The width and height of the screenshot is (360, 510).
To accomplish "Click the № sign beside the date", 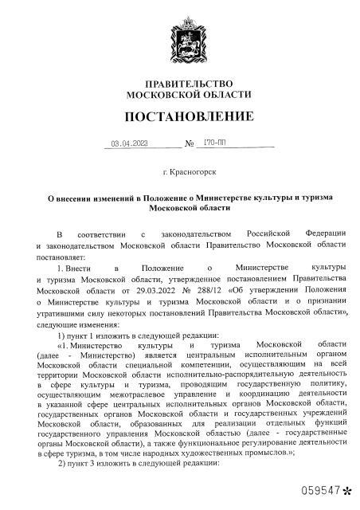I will coord(190,146).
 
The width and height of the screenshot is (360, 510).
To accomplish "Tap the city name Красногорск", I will coord(194,172).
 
